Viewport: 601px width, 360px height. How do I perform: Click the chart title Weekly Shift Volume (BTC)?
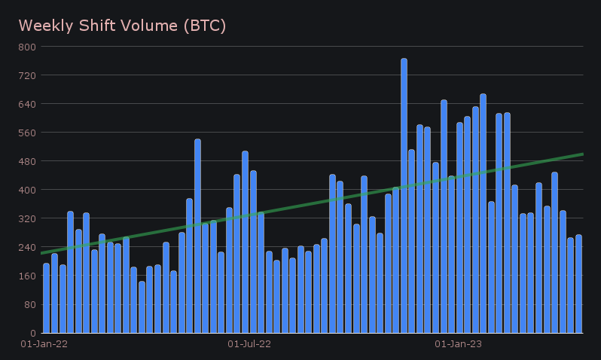(x=122, y=26)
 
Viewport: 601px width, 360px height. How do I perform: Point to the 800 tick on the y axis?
(x=27, y=47)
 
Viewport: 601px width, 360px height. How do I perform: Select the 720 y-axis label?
(x=27, y=75)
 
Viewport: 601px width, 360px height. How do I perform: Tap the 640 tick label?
(x=27, y=104)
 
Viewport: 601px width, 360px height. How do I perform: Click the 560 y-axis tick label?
(x=27, y=133)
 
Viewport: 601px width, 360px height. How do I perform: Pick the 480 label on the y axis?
(x=27, y=161)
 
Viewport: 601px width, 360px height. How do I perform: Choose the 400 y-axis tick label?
(x=27, y=190)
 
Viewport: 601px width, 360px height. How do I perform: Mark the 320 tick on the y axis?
(x=27, y=218)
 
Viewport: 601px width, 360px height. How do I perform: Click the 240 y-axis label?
(x=27, y=247)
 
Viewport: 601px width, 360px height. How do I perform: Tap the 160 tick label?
(x=27, y=276)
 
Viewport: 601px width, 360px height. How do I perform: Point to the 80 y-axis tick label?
(x=29, y=304)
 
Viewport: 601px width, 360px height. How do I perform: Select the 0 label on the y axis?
(x=32, y=333)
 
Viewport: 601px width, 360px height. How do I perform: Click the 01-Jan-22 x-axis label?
(x=44, y=344)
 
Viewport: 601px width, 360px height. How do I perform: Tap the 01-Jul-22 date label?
(x=249, y=344)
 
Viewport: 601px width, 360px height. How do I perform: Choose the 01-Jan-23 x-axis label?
(x=459, y=344)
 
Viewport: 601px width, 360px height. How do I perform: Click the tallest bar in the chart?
(x=404, y=196)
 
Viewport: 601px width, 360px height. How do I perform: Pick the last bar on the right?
(x=578, y=284)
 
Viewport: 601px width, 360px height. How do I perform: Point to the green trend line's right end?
(x=582, y=154)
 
